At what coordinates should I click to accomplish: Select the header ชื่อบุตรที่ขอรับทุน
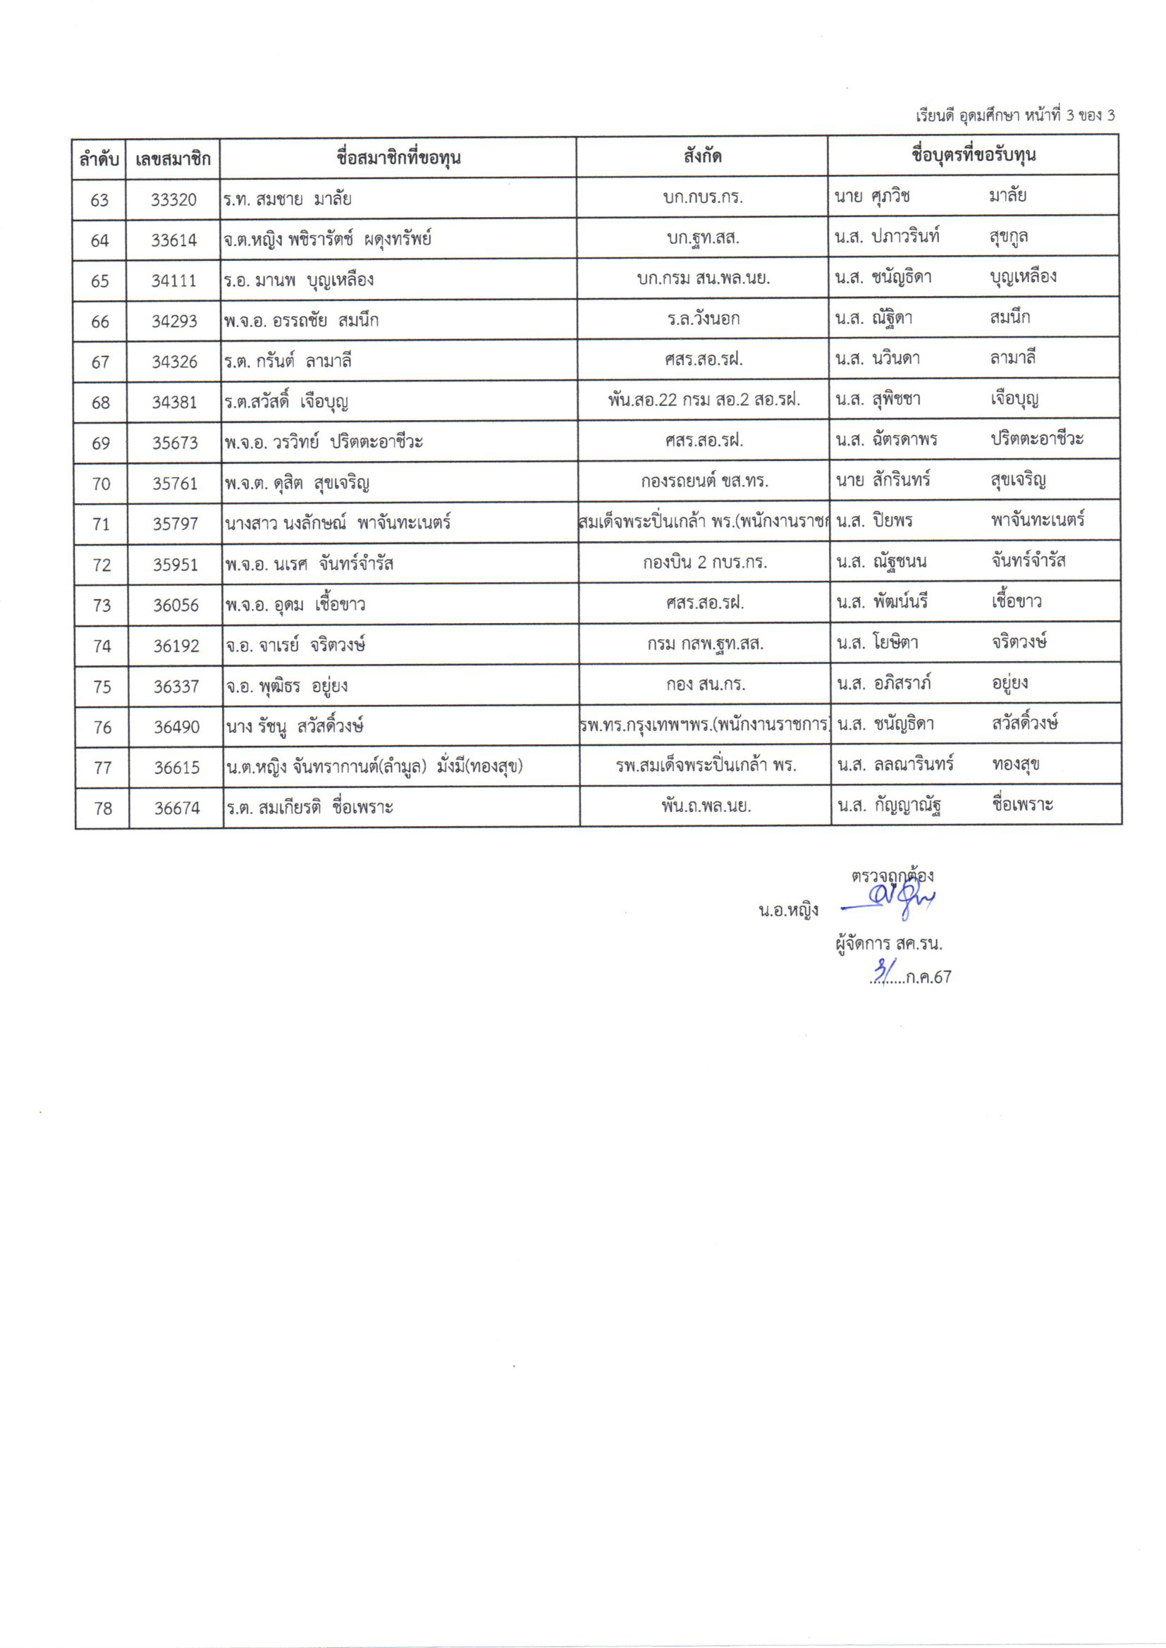click(973, 156)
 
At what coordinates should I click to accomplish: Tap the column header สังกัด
click(702, 156)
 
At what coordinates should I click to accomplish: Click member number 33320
click(173, 199)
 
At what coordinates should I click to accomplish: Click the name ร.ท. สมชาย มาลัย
click(287, 199)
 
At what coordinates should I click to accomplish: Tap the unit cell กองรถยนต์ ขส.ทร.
click(704, 481)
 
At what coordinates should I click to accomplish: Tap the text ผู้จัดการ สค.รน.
click(888, 943)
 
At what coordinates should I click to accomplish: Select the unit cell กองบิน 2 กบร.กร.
click(704, 562)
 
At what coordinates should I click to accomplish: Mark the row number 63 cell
click(99, 199)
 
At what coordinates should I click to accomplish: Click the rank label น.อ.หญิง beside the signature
click(788, 911)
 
